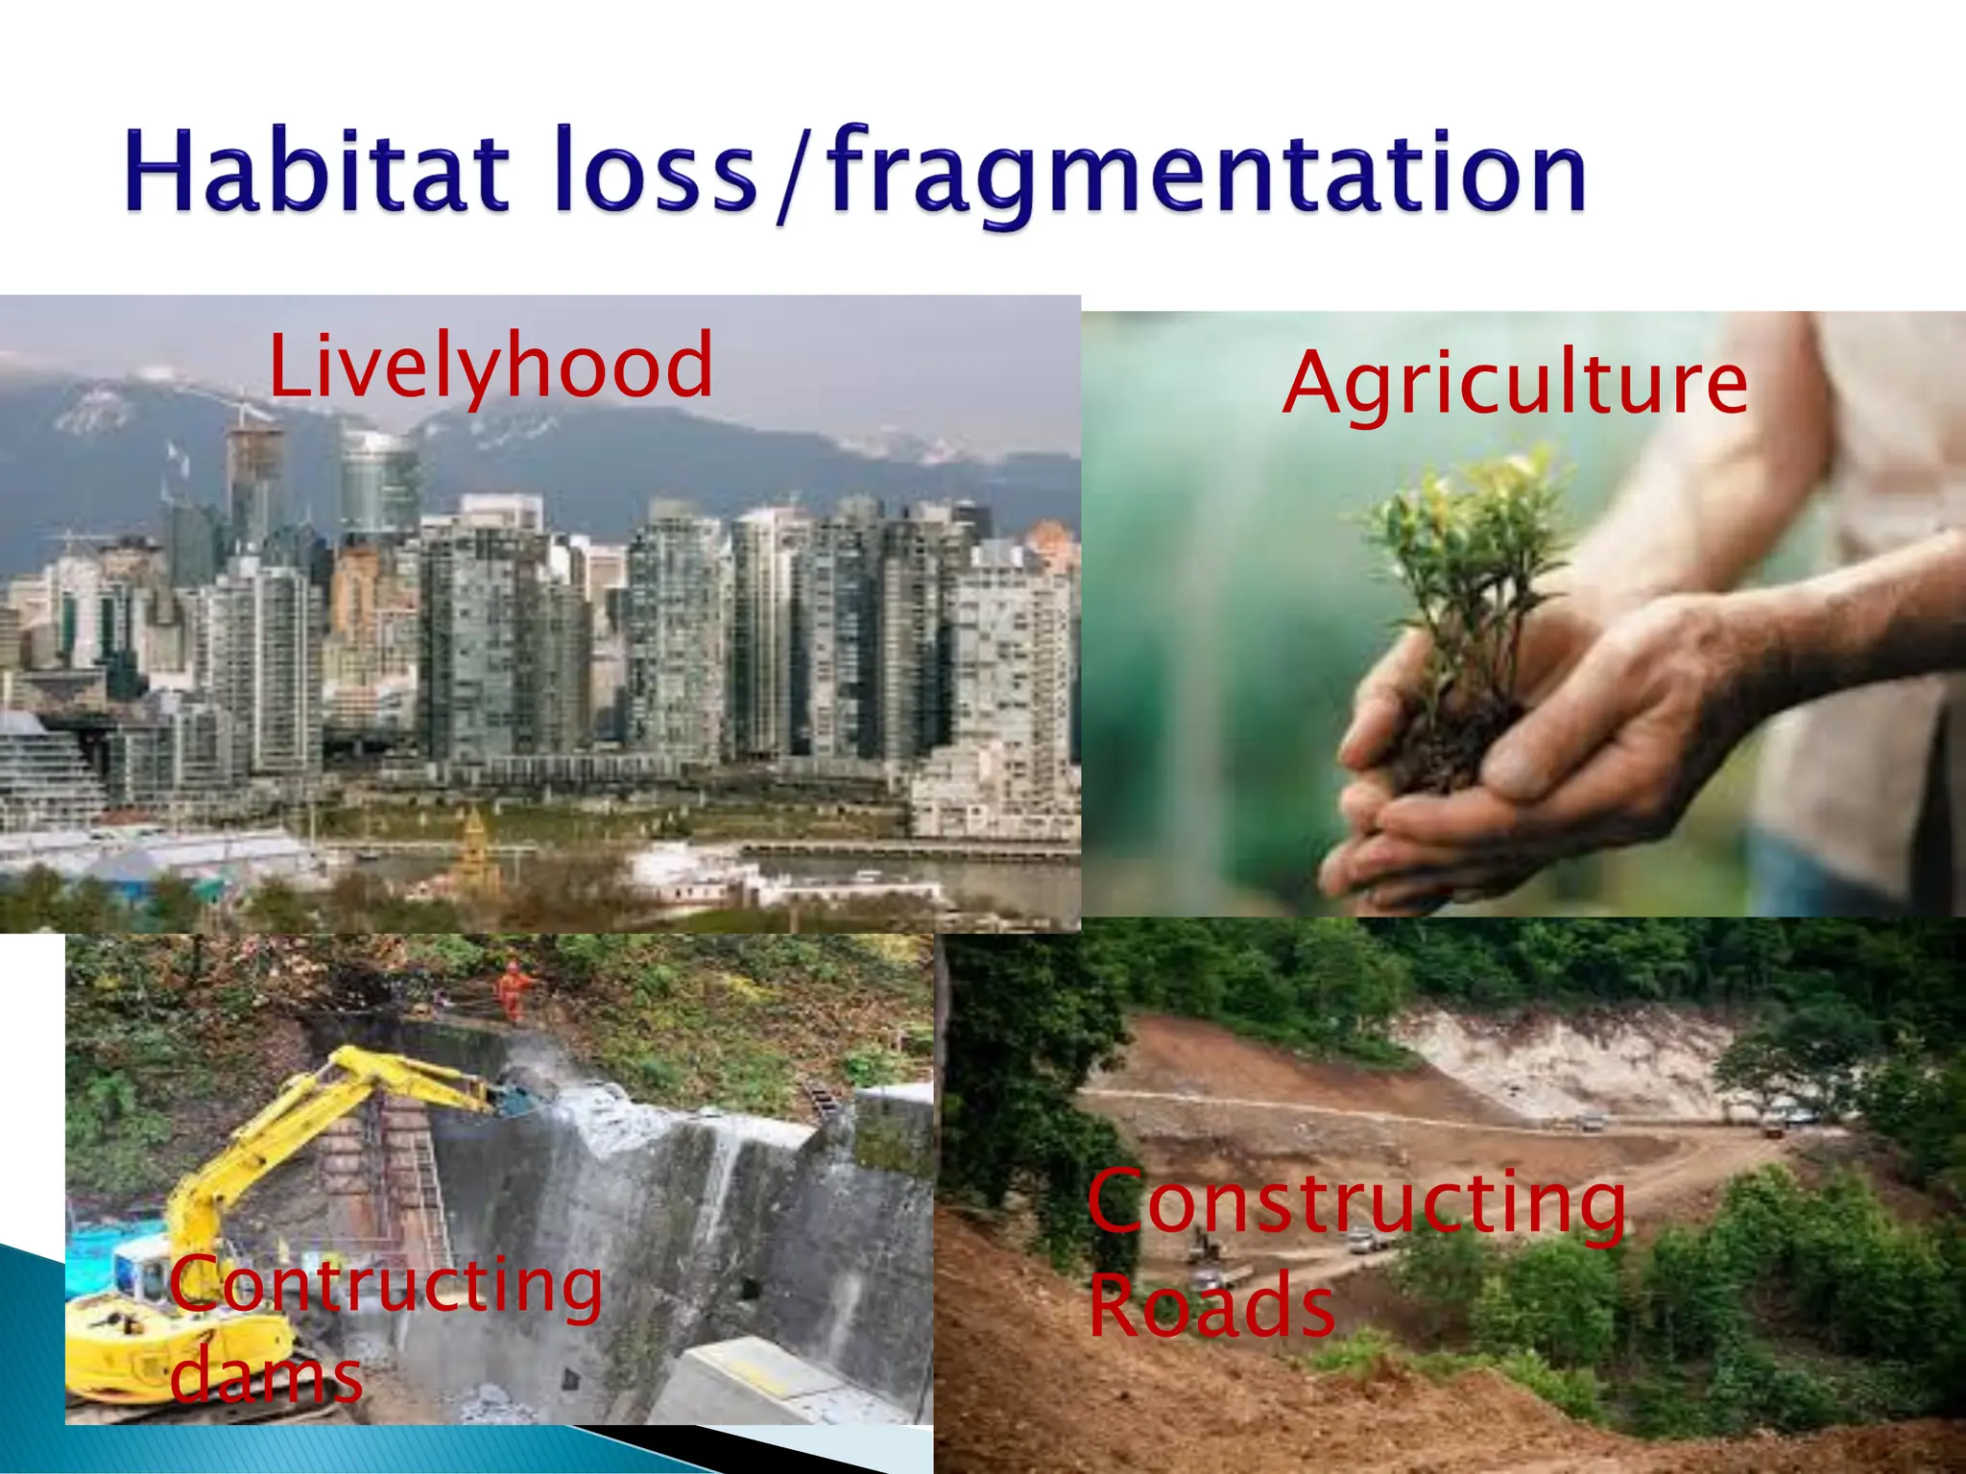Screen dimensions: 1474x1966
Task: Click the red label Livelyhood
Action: tap(491, 366)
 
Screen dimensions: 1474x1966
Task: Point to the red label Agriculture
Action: tap(1515, 383)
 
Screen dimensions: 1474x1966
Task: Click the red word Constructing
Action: tap(1355, 1203)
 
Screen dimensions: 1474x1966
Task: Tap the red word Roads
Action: tap(1211, 1306)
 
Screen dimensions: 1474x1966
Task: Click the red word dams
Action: tap(267, 1374)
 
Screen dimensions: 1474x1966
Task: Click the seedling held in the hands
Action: tap(1469, 576)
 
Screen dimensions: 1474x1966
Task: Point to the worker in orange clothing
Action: tap(514, 990)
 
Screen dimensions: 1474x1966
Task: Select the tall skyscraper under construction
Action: tap(253, 480)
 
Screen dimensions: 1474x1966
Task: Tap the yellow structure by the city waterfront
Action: tap(472, 844)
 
